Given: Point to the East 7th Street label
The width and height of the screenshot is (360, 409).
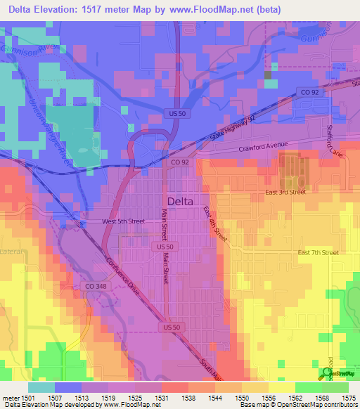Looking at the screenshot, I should pyautogui.click(x=318, y=252).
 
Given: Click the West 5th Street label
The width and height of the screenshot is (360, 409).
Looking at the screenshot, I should pyautogui.click(x=122, y=221).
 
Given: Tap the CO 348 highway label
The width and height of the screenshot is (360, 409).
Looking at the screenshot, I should pyautogui.click(x=95, y=286).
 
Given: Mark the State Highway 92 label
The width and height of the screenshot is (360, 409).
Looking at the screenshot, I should pyautogui.click(x=220, y=127).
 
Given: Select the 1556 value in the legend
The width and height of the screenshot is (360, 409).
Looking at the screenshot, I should pyautogui.click(x=268, y=397).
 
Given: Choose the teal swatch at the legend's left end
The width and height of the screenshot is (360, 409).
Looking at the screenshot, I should pyautogui.click(x=41, y=387).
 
